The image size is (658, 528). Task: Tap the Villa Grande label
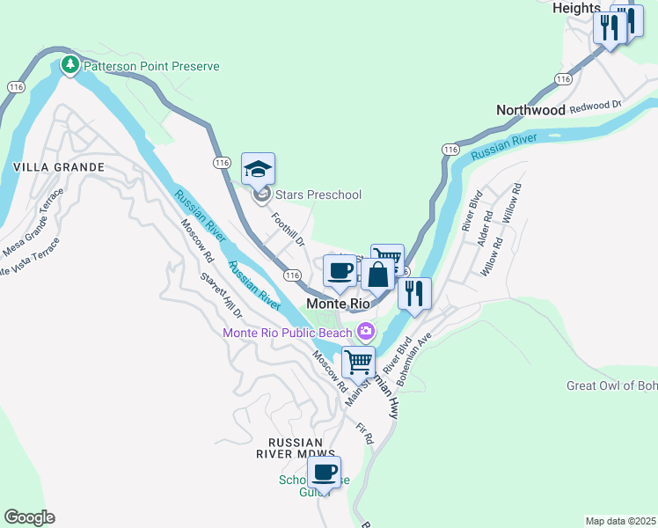point(59,166)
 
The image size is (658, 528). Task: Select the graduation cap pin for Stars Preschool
point(259,168)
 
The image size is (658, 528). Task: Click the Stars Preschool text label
point(318,194)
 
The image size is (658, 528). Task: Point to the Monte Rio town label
point(338,303)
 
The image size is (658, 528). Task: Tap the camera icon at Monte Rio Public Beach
point(365,333)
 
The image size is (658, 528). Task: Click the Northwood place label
point(530,110)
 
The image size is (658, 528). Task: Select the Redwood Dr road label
point(596,106)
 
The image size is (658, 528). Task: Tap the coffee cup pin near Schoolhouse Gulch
point(324,472)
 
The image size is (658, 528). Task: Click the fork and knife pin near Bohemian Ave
point(414,292)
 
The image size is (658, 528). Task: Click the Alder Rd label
point(483,233)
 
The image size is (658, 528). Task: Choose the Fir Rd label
point(364,434)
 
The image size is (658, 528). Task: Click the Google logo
point(29,517)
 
